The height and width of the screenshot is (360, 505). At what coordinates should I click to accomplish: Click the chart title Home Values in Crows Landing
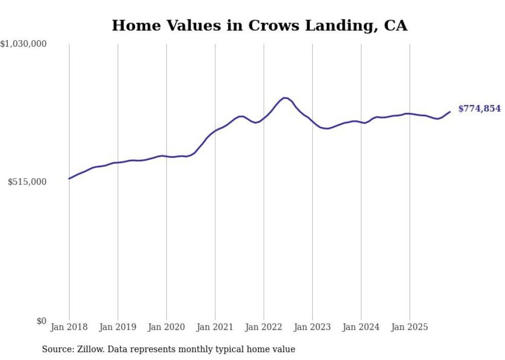point(259,25)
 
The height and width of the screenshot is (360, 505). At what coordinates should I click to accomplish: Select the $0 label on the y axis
point(41,321)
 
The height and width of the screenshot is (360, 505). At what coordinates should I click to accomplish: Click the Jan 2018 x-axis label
point(69,327)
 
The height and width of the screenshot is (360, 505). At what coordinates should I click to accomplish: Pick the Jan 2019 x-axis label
point(117,327)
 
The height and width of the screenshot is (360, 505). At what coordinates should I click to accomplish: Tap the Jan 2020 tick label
point(166,327)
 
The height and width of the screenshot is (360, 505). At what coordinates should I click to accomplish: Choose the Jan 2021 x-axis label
point(215,327)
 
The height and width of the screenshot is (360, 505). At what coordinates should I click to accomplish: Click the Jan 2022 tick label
point(264,327)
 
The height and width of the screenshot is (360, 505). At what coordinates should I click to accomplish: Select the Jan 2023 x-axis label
point(312,327)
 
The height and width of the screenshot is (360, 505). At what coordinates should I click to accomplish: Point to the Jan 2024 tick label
point(361,327)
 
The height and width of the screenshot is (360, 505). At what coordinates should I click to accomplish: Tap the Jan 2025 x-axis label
point(410,327)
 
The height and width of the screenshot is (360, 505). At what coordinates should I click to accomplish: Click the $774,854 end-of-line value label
point(479,109)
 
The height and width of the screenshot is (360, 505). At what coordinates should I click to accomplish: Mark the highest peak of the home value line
point(284,97)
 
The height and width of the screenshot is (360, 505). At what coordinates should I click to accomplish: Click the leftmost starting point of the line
point(69,179)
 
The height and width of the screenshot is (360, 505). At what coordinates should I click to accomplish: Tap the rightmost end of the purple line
point(450,111)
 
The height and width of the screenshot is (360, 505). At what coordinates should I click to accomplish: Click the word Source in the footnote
point(56,349)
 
